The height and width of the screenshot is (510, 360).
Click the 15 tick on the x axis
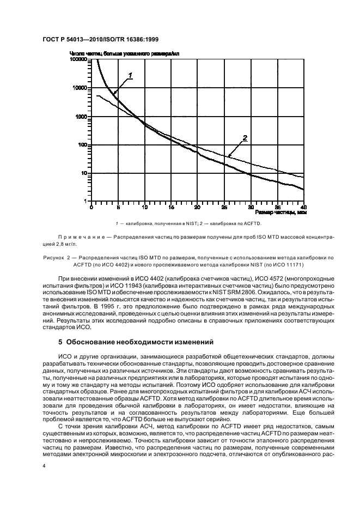point(171,207)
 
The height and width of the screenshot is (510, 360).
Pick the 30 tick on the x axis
point(251,207)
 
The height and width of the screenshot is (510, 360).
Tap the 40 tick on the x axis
point(304,207)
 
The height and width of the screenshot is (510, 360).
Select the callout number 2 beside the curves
point(245,138)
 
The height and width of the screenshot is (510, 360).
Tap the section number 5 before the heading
point(60,342)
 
